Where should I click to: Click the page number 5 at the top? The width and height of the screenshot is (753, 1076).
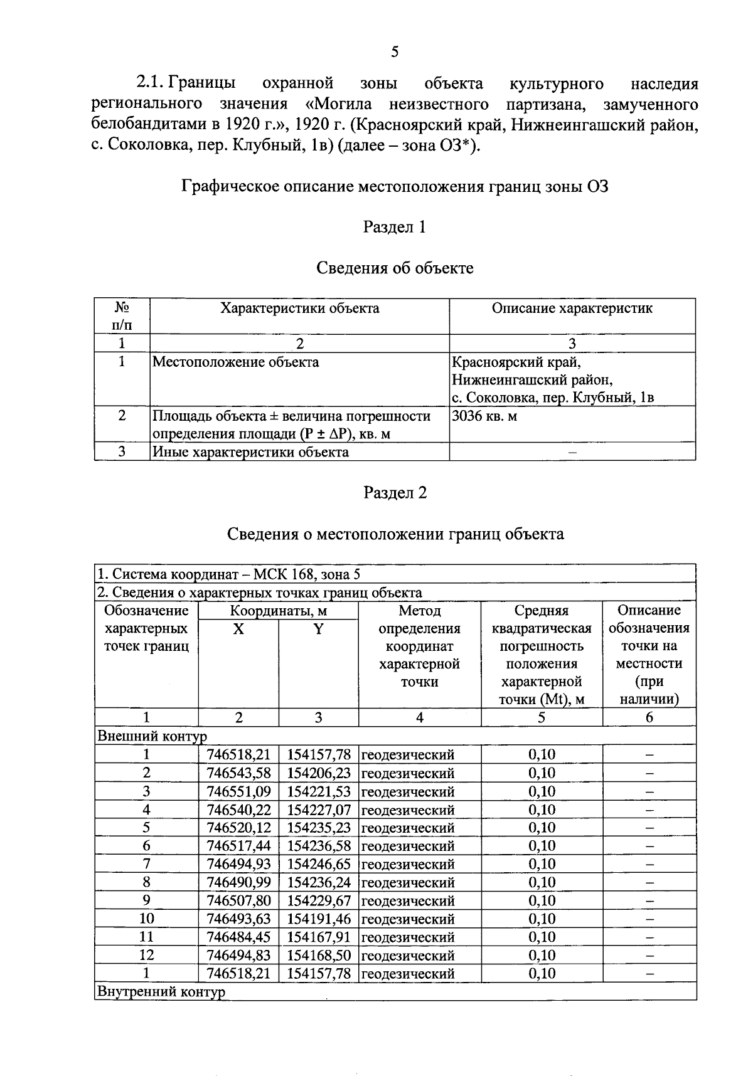point(394,52)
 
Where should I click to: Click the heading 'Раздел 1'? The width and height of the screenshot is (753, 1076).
point(395,227)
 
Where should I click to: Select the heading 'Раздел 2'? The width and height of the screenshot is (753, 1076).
point(395,493)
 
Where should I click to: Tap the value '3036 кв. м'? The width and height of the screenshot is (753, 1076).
point(484,416)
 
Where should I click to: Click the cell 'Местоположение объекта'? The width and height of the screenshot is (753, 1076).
point(236,362)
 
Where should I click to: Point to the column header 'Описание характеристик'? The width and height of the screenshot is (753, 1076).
point(572,309)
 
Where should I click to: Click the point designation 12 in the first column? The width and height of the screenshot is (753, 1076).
point(146,955)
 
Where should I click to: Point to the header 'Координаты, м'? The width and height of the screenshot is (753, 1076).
point(278,611)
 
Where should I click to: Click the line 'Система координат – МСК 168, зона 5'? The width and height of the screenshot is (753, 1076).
point(228,574)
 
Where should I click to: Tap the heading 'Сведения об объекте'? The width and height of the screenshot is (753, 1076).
point(395,268)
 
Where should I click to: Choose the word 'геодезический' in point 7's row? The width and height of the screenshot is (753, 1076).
point(408,864)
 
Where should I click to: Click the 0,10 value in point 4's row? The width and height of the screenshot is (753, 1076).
point(542,810)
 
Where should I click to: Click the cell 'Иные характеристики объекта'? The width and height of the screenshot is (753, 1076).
point(251,452)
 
